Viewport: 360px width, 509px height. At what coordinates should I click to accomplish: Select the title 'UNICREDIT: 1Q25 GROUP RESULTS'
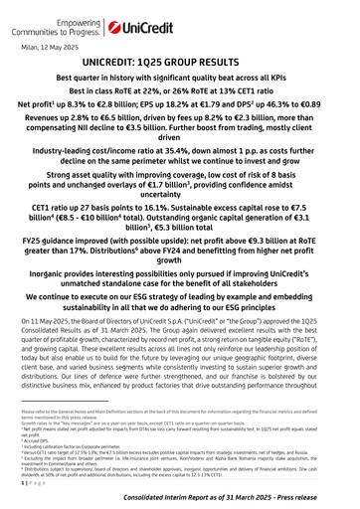tap(179, 62)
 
